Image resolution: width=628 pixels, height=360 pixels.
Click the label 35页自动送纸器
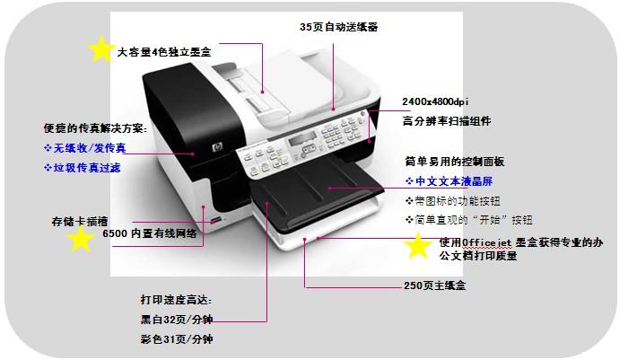coord(338,27)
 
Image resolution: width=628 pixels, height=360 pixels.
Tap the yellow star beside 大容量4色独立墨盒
coord(101,48)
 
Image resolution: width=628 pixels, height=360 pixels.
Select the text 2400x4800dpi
coord(435,101)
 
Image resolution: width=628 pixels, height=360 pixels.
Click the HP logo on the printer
coord(217,147)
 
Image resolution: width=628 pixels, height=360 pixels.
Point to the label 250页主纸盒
coord(434,285)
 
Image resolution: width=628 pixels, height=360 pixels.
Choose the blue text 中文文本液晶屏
coord(449,181)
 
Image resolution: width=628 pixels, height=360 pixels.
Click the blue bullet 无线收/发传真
coord(85,148)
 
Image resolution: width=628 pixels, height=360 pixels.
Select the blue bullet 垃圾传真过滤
coord(83,168)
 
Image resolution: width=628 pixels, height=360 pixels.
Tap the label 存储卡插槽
coord(80,221)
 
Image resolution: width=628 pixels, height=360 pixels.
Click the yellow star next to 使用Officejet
coord(418,245)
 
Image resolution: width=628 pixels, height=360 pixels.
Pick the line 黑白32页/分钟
coord(177,320)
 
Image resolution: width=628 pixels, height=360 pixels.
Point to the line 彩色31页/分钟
coord(177,339)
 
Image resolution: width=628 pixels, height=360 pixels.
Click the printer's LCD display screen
coord(302,139)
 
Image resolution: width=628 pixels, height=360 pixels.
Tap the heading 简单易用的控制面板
coord(455,162)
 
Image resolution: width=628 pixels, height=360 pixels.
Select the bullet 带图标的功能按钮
coord(452,200)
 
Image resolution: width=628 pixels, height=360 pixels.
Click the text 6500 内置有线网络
coord(150,233)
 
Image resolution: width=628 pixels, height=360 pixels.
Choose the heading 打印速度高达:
coord(176,300)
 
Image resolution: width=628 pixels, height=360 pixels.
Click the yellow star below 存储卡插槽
coord(81,239)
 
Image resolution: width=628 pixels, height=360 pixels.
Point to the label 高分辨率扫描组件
coord(447,121)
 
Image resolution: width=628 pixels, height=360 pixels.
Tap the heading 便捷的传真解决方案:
coord(96,128)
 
